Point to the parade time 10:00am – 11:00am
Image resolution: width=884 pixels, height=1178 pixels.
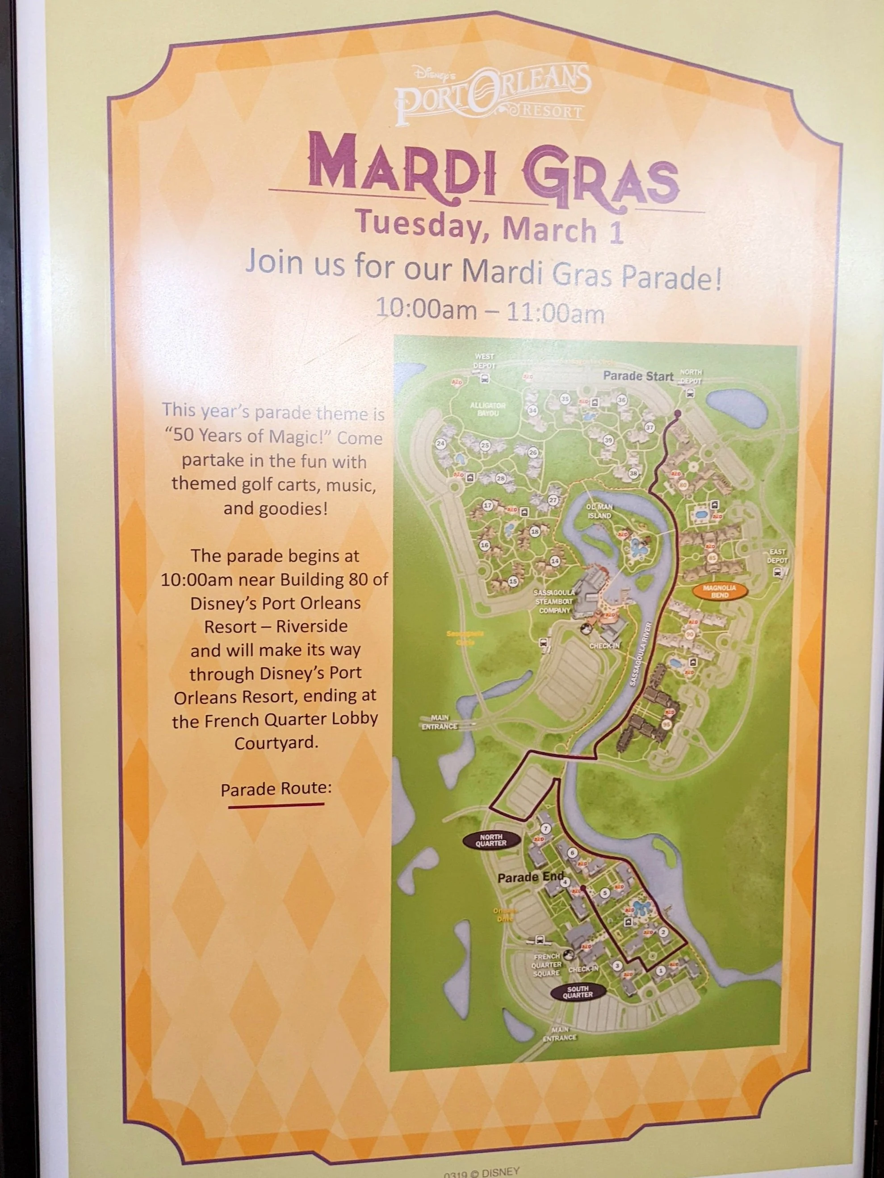click(x=490, y=309)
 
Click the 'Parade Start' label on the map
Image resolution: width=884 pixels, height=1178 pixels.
click(x=638, y=376)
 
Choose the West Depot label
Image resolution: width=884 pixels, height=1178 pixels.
click(x=484, y=361)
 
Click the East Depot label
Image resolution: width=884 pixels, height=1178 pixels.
click(x=777, y=557)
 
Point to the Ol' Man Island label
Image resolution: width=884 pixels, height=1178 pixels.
click(x=599, y=511)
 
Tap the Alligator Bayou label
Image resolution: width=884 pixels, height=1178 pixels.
click(x=487, y=409)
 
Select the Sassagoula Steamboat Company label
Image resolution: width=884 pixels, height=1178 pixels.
click(x=554, y=602)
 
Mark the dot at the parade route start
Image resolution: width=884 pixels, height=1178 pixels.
click(x=677, y=413)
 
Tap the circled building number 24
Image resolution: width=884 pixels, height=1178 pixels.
click(x=440, y=444)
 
